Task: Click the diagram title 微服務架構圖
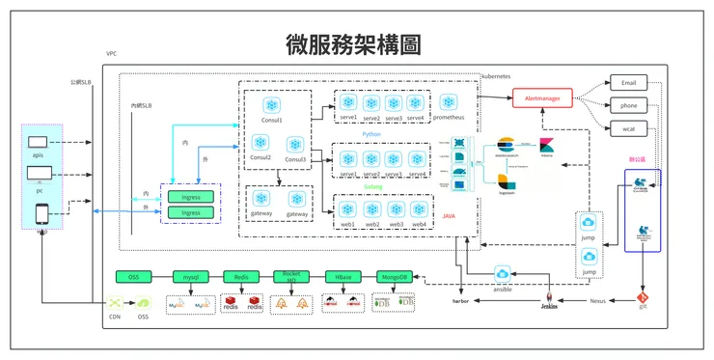[354, 44]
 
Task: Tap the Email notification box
[629, 83]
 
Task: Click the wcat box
[629, 127]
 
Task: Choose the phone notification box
[629, 105]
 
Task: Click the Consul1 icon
[271, 104]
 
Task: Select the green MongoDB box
[393, 277]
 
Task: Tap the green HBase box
[343, 277]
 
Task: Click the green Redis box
[241, 277]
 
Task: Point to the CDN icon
[116, 303]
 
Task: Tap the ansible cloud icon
[502, 275]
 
